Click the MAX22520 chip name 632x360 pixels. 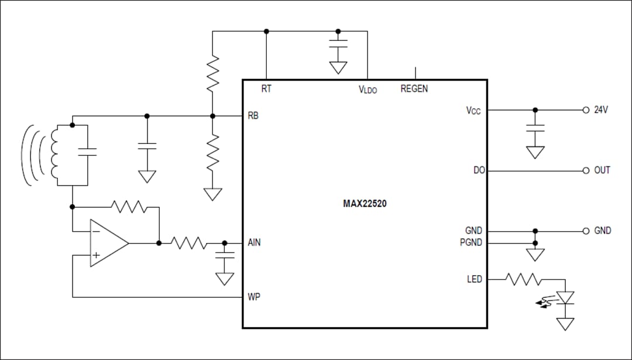(365, 204)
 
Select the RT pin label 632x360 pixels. (266, 89)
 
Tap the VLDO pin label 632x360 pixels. (367, 90)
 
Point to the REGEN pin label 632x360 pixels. (414, 89)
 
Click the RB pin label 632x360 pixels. (253, 116)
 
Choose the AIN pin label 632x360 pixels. (254, 242)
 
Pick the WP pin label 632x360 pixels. (253, 297)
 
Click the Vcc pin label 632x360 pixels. (473, 110)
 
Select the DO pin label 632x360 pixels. (479, 170)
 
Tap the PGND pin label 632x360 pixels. (472, 242)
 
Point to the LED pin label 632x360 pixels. (474, 279)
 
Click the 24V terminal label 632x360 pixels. (601, 109)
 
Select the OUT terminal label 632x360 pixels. (602, 170)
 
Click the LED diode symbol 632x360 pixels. (565, 298)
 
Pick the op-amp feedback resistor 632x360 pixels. (129, 207)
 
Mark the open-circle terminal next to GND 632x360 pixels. (585, 231)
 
